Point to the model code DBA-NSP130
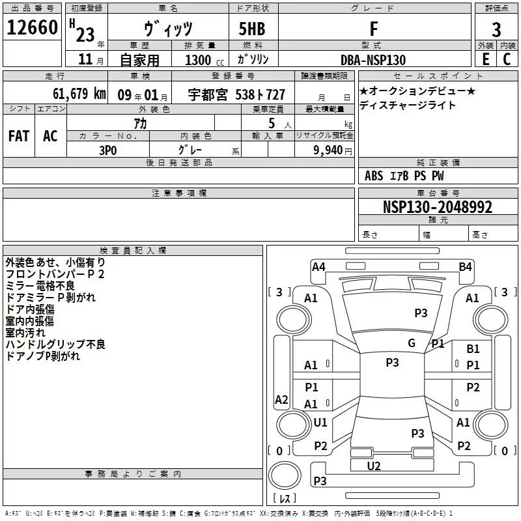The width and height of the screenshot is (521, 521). coord(373,60)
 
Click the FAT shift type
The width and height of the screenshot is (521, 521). coord(19,135)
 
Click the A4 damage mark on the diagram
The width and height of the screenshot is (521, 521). coord(318,266)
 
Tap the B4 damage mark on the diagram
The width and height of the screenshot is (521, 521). coord(465,266)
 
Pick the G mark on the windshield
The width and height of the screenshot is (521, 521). coord(412,343)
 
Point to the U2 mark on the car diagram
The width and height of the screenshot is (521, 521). coord(374,466)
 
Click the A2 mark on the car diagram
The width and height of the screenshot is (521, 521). coord(281,400)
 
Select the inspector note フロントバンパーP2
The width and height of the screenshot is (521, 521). coord(55,274)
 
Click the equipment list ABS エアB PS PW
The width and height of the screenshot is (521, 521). coord(405,176)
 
